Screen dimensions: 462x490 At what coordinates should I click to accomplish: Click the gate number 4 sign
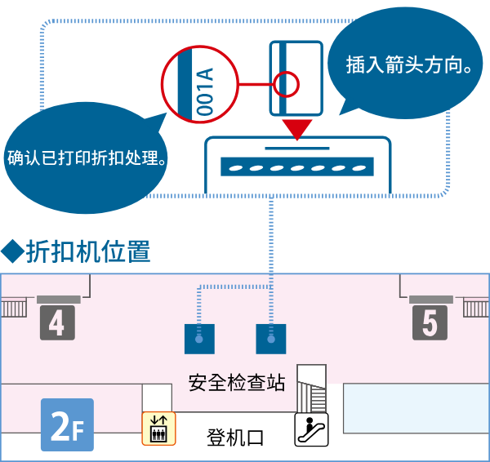coord(56,323)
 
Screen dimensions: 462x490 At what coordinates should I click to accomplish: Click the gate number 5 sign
coord(430,323)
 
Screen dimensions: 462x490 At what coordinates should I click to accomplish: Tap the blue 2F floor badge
coord(67,425)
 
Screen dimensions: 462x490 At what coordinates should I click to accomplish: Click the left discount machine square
coord(199,338)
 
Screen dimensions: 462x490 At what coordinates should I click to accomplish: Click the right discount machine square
coord(271,338)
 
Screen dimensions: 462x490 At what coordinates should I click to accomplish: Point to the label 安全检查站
coord(237,382)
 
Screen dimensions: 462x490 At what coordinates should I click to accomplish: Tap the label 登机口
coord(235,437)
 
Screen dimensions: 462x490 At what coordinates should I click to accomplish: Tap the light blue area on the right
coord(416,407)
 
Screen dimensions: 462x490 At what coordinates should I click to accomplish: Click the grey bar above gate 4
coord(59,298)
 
